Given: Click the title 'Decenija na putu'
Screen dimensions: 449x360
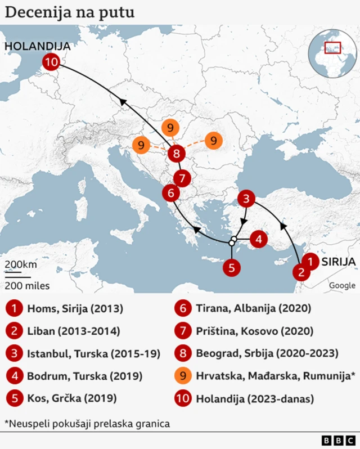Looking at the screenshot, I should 70,12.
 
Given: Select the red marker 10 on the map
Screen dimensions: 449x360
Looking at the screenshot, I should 51,62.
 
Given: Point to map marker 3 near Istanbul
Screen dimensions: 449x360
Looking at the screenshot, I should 246,198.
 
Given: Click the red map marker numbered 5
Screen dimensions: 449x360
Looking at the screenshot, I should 231,268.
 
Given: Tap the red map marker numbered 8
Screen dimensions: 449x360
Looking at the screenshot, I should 177,153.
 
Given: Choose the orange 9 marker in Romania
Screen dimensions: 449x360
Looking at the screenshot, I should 213,140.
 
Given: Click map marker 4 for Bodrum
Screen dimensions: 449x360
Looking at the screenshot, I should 258,239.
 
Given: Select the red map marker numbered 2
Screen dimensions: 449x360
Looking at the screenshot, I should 301,273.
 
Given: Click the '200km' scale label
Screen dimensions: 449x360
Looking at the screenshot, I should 21,264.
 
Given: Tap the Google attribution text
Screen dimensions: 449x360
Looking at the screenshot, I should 342,285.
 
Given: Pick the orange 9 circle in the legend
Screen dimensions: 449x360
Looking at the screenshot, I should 183,376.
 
